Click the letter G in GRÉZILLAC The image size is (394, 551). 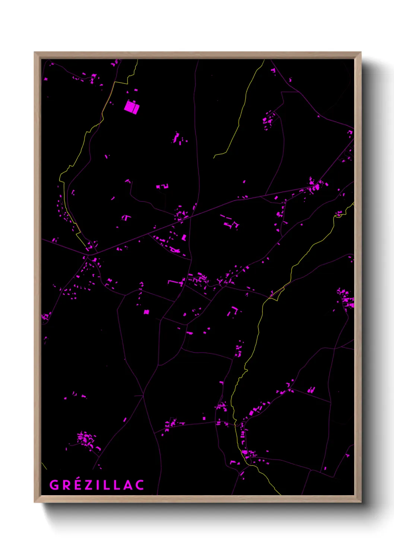(x=54, y=485)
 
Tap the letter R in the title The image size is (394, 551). (x=65, y=485)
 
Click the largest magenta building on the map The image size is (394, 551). (x=131, y=107)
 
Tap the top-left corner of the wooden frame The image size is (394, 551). (x=35, y=53)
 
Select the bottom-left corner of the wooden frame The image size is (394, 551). (x=35, y=501)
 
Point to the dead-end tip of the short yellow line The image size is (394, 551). (x=214, y=158)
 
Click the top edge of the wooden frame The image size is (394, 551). (x=197, y=55)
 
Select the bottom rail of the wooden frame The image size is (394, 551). (x=197, y=499)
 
